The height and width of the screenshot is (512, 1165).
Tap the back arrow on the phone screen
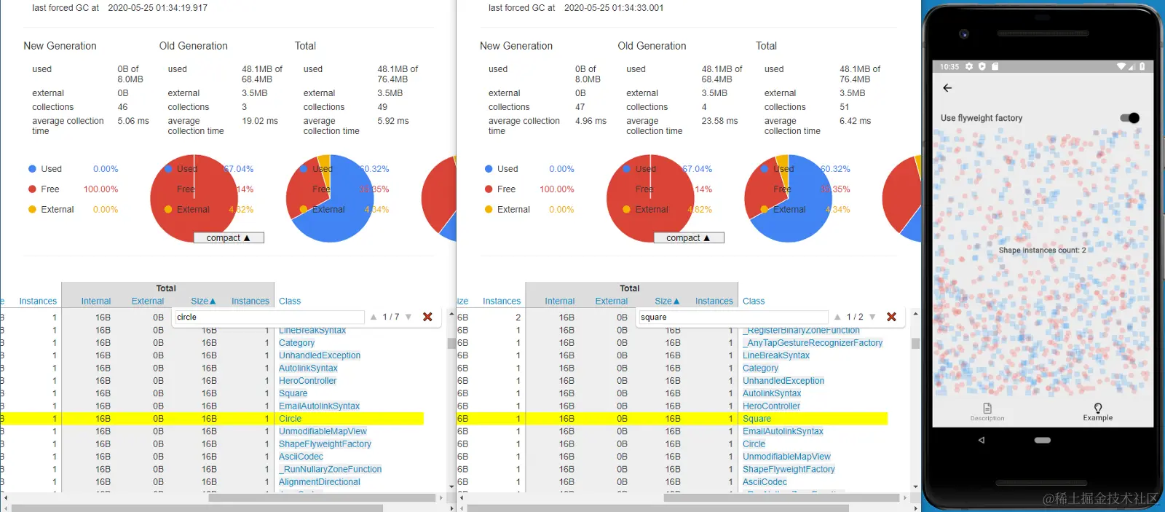[x=947, y=88]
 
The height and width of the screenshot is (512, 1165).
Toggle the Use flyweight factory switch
[x=1129, y=118]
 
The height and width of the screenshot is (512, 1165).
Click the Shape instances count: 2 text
[x=1042, y=251]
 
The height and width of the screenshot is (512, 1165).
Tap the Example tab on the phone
[x=1097, y=412]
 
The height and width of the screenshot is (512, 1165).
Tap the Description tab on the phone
[x=987, y=412]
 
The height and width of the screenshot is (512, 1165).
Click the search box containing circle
[x=268, y=318]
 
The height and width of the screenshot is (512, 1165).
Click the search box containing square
[x=732, y=318]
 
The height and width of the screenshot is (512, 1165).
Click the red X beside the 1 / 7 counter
[x=427, y=317]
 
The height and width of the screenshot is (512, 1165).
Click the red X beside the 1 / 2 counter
[x=891, y=317]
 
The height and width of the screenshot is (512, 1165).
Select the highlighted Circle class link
[x=290, y=419]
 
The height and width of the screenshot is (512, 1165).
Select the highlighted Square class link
[x=757, y=419]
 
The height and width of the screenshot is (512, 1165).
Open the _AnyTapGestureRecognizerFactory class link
[x=813, y=343]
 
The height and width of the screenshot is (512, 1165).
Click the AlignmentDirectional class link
[x=319, y=482]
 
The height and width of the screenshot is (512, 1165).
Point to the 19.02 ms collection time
[x=260, y=122]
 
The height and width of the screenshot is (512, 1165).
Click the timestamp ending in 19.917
[x=157, y=8]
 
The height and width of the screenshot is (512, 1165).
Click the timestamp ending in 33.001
[x=614, y=8]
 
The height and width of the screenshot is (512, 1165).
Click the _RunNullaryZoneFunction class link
[x=330, y=470]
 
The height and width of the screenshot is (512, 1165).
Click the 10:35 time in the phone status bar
[x=949, y=67]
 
